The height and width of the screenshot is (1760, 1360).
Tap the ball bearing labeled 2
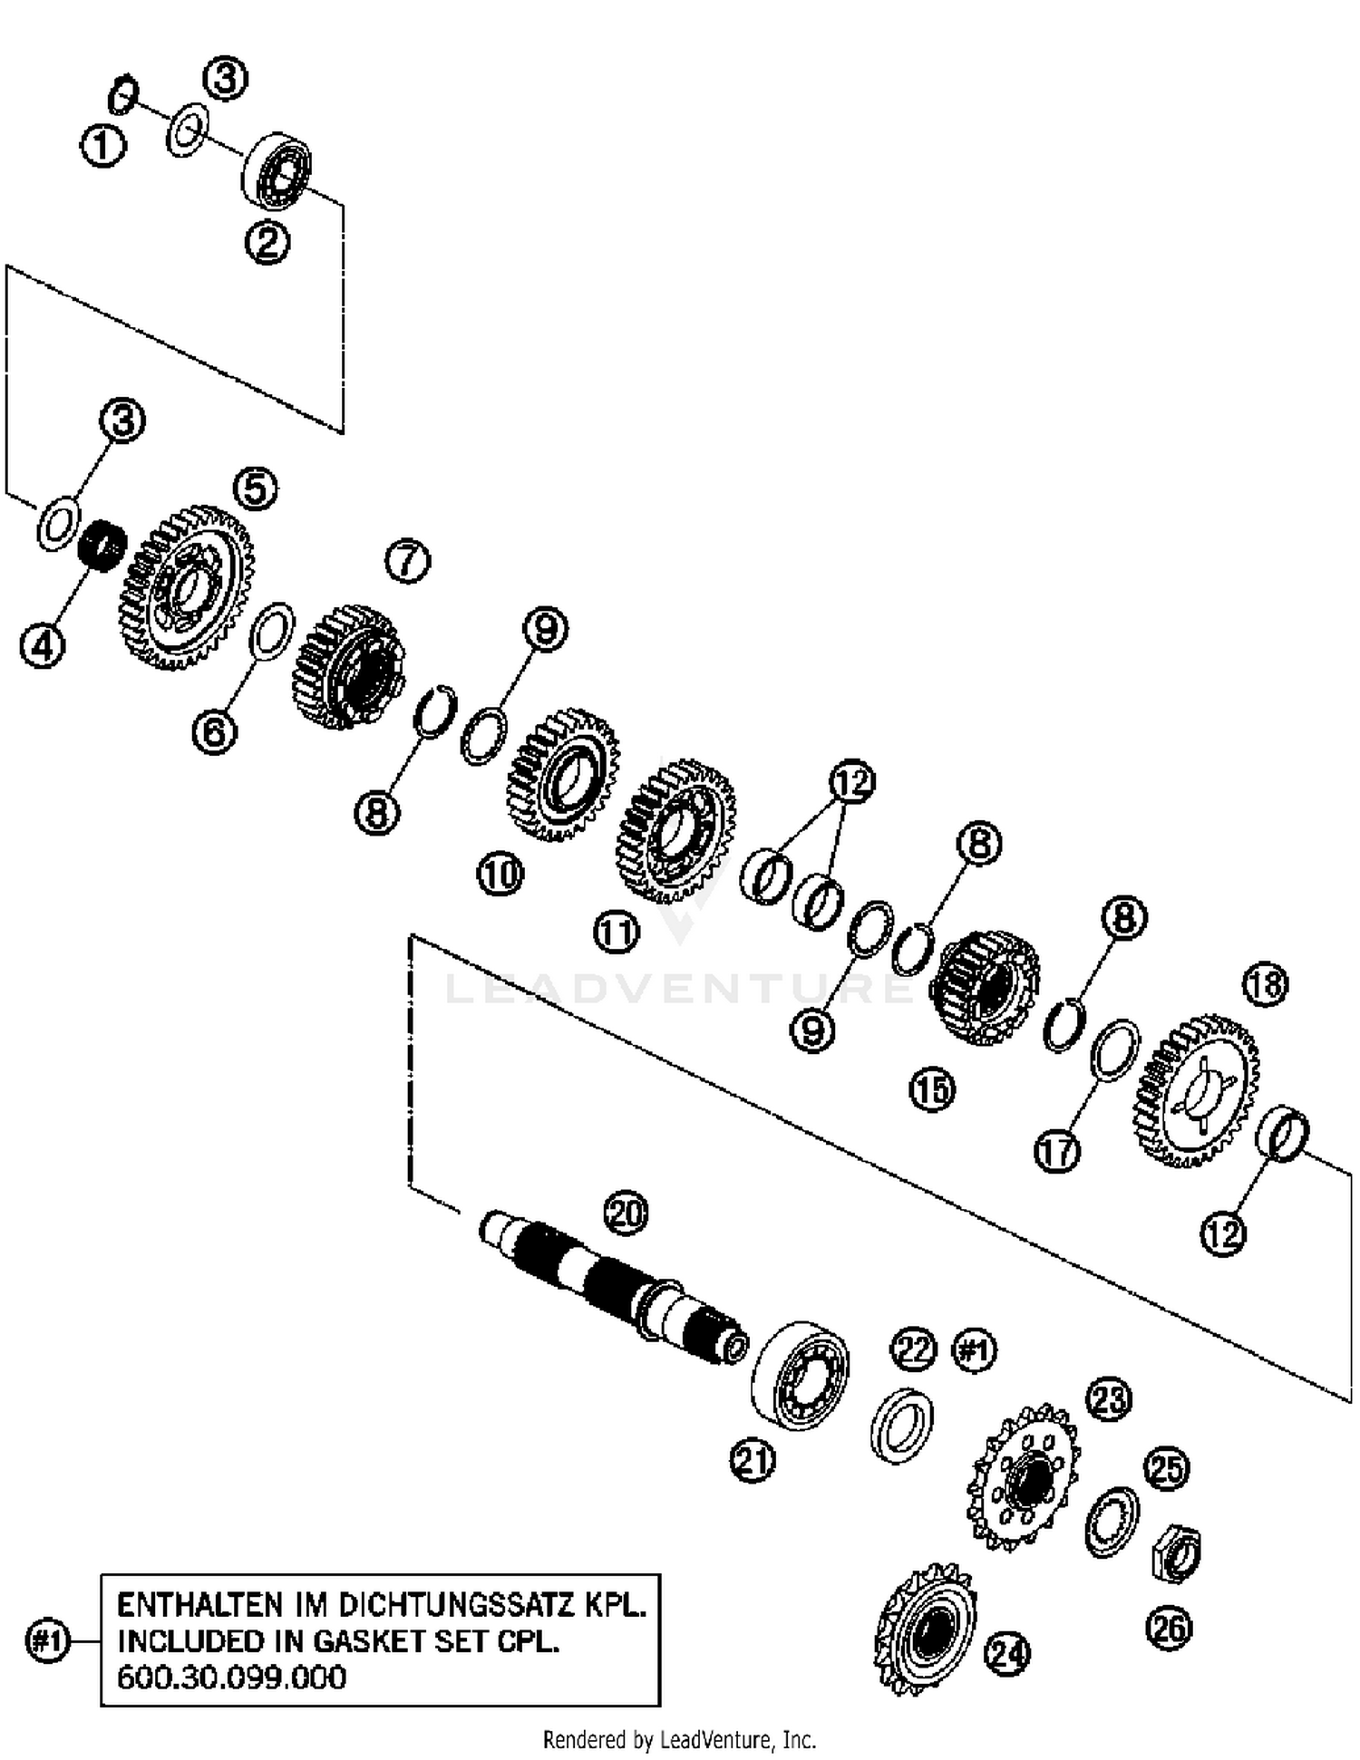[277, 169]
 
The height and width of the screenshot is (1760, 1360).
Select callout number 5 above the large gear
[255, 488]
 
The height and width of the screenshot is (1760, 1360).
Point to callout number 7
[407, 561]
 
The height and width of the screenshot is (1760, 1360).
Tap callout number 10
[500, 875]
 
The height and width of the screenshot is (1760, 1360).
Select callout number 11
[617, 933]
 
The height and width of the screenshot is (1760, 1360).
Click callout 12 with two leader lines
[851, 781]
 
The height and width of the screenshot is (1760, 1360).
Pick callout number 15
[932, 1089]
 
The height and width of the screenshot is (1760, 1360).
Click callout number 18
[1266, 984]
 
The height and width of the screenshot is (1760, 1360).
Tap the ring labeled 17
[1115, 1050]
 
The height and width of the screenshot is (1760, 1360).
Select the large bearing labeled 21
[801, 1375]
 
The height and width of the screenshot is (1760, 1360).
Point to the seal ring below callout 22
[902, 1426]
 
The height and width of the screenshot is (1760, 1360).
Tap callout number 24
[1007, 1654]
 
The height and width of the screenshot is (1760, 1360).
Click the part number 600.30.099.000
[232, 1678]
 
